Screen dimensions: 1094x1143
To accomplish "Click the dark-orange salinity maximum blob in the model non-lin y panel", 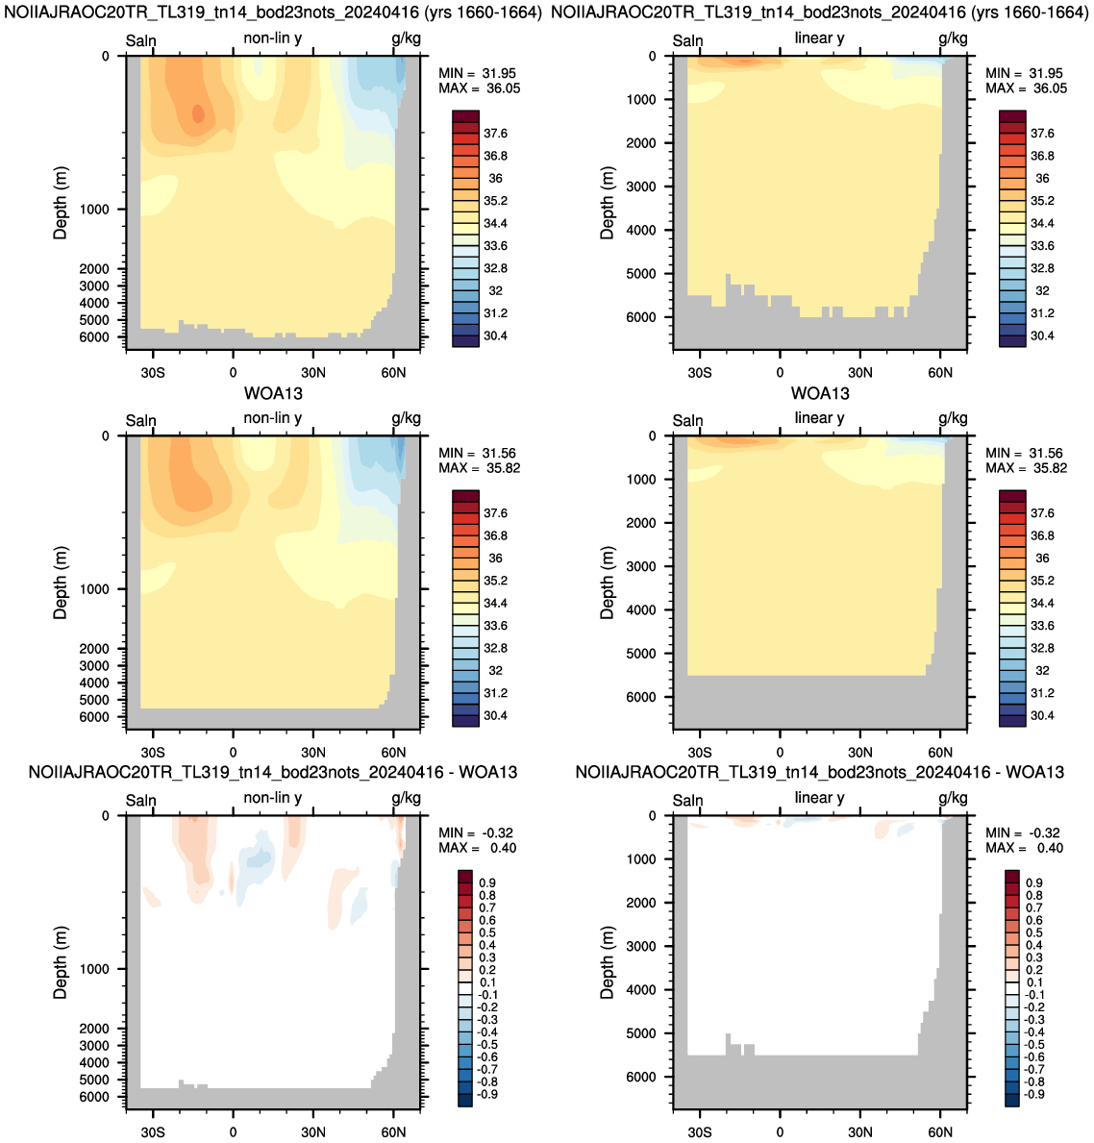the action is tap(198, 113).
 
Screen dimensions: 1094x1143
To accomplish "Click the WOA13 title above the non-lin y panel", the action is tap(273, 393).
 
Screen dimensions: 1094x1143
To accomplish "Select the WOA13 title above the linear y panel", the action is tap(820, 393).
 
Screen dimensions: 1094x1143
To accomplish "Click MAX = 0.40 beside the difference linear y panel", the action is tap(1024, 848).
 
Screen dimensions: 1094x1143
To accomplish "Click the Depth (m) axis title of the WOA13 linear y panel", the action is tap(608, 582).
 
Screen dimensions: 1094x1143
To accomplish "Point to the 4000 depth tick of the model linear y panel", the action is tap(641, 230).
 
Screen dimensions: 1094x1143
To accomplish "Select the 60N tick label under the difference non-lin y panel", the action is tap(393, 1131).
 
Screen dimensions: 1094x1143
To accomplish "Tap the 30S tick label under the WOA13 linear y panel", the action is tap(700, 752).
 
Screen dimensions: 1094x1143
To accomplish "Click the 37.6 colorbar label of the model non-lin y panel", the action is tap(496, 134).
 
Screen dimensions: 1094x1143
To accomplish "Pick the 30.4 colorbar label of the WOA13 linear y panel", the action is tap(1042, 715).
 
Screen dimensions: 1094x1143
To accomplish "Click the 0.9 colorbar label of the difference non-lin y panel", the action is tap(487, 882).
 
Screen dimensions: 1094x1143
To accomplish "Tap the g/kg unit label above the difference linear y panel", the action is tap(954, 798).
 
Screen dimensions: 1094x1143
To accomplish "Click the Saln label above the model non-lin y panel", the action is tap(140, 40).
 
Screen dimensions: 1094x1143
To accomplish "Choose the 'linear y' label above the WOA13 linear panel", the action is tap(819, 418).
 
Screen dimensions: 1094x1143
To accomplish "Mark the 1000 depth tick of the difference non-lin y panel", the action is tap(94, 969).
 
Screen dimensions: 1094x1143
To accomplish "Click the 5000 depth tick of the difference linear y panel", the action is tap(641, 1032).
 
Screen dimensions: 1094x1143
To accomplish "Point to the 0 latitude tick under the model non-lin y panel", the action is tap(234, 372).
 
